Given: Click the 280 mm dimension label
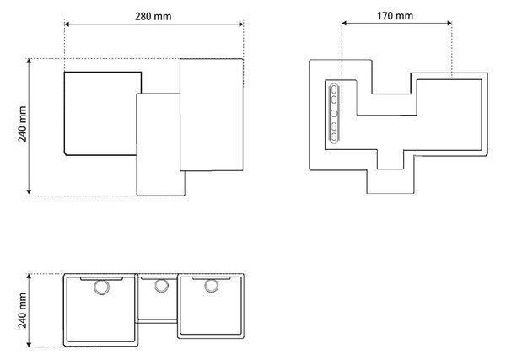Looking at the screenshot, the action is (x=153, y=17).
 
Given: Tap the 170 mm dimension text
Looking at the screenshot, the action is (x=395, y=16).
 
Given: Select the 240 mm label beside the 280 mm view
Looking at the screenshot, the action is (x=22, y=124).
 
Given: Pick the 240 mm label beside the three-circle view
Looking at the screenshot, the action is (x=22, y=310).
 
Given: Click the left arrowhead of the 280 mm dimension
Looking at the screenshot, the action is (x=67, y=24).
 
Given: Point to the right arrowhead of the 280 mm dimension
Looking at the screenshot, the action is (x=240, y=24).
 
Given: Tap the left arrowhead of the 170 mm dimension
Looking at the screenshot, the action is (x=344, y=23).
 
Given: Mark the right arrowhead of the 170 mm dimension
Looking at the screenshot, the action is (x=449, y=23).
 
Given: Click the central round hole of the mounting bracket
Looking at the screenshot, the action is (x=334, y=113).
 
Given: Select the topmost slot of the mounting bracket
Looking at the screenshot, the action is (x=334, y=89).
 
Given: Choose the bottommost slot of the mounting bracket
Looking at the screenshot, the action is (x=334, y=137).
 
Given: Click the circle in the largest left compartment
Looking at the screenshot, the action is (x=101, y=287).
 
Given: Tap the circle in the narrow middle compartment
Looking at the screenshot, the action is (x=161, y=286).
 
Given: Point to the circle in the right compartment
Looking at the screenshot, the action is (x=211, y=286).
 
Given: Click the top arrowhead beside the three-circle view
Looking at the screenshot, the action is (x=29, y=277).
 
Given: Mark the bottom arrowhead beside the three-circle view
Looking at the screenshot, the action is (x=29, y=345).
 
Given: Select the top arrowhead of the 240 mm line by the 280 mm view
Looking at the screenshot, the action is (x=29, y=62).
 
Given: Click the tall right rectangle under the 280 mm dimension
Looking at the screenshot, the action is (x=212, y=115).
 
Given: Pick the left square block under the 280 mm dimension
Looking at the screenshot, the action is (x=103, y=114).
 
